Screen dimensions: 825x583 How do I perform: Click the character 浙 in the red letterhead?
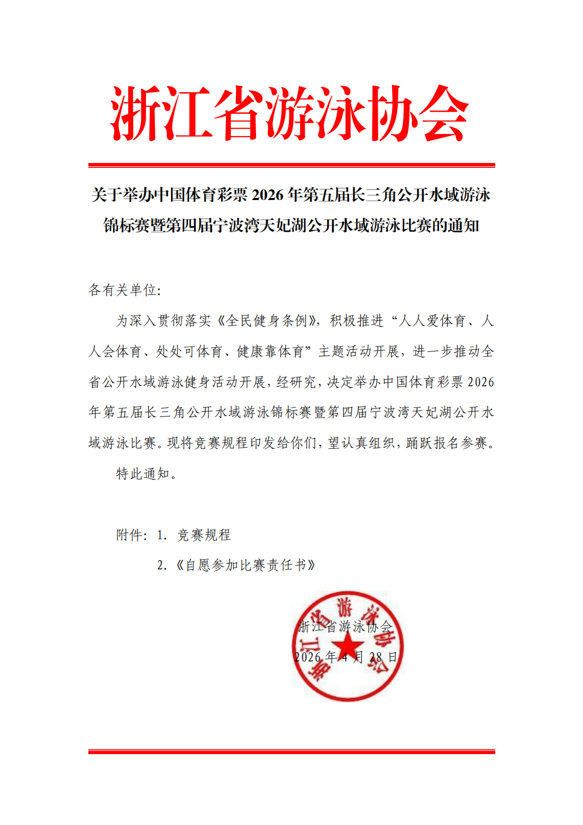click(136, 113)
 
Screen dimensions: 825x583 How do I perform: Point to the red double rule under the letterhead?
click(291, 166)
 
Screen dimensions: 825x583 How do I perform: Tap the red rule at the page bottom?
click(291, 751)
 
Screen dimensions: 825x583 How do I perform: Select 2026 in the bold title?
click(268, 195)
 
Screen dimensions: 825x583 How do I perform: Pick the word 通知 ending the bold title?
click(463, 226)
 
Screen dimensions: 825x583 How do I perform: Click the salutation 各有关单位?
click(123, 290)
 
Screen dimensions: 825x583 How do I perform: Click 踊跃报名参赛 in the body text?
click(447, 443)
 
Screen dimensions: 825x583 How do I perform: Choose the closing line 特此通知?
click(143, 474)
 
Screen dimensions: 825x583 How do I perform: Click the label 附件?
click(130, 535)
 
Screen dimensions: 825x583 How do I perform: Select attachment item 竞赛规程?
click(204, 535)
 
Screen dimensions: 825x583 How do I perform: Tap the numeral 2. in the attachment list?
click(162, 566)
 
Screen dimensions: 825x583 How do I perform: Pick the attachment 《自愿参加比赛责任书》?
click(245, 566)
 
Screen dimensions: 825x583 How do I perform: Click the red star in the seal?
click(348, 647)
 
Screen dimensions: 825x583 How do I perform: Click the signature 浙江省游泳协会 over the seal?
click(345, 627)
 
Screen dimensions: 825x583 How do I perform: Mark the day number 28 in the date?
click(376, 657)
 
